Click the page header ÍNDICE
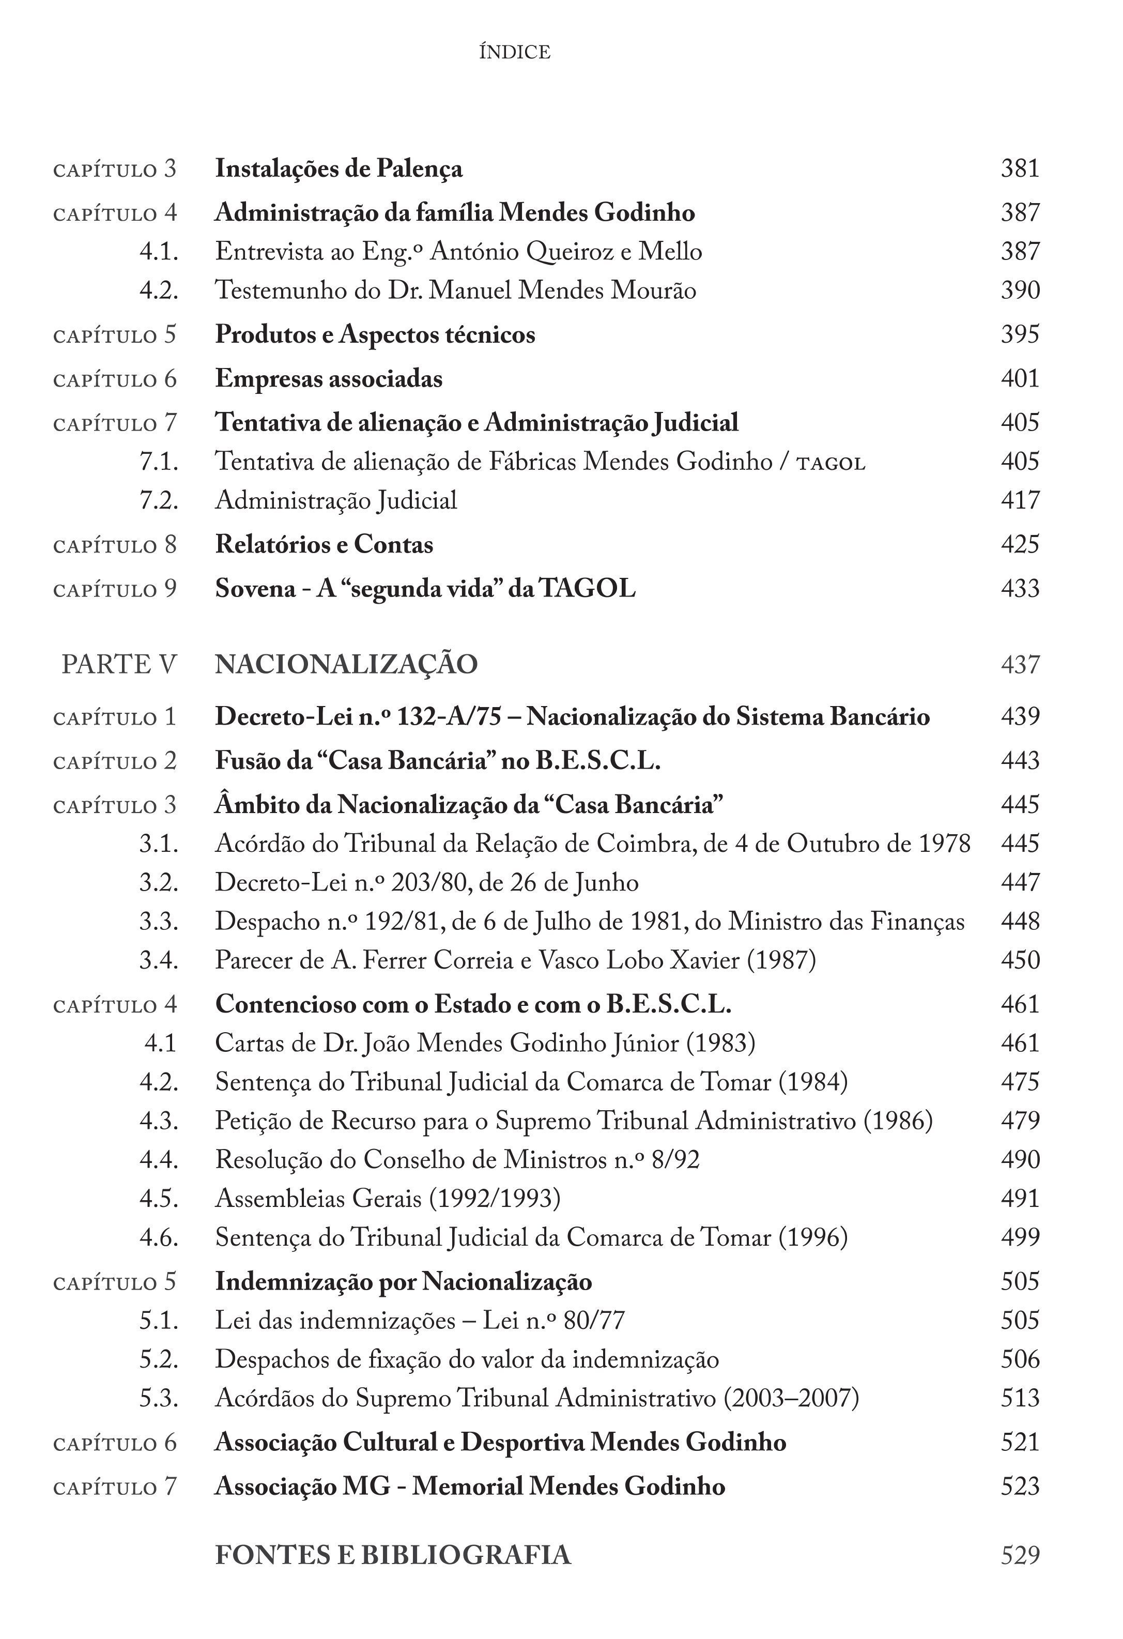515,52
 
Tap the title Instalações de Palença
339,169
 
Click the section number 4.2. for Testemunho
159,290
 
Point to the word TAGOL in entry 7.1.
830,463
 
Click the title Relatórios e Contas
324,544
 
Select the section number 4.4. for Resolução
159,1159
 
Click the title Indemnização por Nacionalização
403,1281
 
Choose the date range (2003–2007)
791,1398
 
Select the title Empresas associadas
329,379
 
